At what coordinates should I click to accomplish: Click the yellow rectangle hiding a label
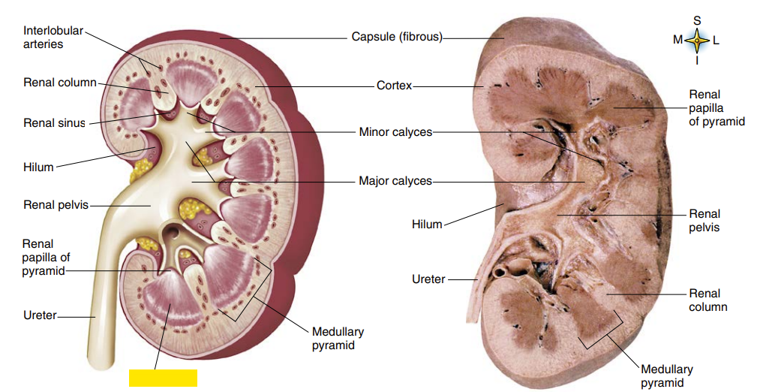[163, 378]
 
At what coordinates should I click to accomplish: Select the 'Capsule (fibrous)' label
[397, 36]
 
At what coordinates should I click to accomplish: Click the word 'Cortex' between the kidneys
[395, 86]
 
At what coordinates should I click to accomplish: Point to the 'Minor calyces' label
[395, 132]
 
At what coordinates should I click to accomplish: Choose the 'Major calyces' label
[395, 181]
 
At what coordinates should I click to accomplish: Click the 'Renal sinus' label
[54, 123]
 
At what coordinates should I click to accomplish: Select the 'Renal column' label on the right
[708, 300]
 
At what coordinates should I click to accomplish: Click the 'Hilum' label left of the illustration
[38, 167]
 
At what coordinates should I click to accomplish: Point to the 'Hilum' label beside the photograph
[427, 224]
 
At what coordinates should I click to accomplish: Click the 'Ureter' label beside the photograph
[428, 279]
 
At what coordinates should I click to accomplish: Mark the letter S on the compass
[697, 20]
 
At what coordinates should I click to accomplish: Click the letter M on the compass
[678, 40]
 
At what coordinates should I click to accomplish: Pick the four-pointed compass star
[697, 41]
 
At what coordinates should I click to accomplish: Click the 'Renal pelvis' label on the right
[704, 220]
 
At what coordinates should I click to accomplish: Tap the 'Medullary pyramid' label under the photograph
[667, 375]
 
